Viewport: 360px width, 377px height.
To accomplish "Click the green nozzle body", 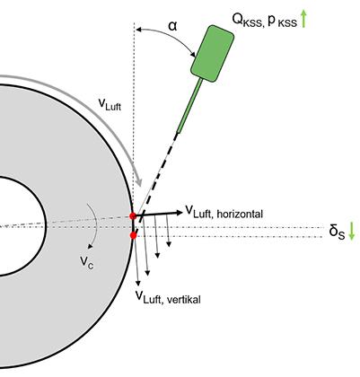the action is click(x=212, y=53).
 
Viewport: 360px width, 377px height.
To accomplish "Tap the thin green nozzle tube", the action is click(x=190, y=106).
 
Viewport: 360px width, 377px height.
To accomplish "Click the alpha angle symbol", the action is click(x=172, y=26).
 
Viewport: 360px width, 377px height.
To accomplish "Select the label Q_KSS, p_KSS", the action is click(x=265, y=20).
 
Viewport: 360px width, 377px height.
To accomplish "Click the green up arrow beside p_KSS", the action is click(x=303, y=18).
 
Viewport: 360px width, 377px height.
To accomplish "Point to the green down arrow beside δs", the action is click(x=352, y=231).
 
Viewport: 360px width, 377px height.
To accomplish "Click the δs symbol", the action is click(x=337, y=232).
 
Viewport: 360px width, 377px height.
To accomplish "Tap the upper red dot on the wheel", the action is click(x=133, y=215).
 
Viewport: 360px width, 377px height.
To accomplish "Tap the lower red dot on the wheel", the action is click(x=134, y=236).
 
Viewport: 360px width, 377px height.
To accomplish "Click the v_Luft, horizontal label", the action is click(x=224, y=212).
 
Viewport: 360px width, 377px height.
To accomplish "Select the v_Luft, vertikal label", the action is click(x=168, y=297).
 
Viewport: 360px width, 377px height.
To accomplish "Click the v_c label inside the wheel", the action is click(x=86, y=262).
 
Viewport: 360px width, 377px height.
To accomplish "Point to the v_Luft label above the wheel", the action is click(x=110, y=105).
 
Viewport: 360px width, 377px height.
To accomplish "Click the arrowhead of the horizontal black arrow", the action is click(x=180, y=213).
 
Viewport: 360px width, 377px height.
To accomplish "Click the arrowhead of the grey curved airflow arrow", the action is click(x=138, y=182).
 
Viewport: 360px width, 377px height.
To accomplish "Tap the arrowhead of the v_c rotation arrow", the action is click(x=90, y=246).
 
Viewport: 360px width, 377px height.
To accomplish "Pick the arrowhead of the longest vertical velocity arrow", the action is click(x=138, y=283).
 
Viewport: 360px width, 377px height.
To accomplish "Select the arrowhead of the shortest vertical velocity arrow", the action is click(x=169, y=244).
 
